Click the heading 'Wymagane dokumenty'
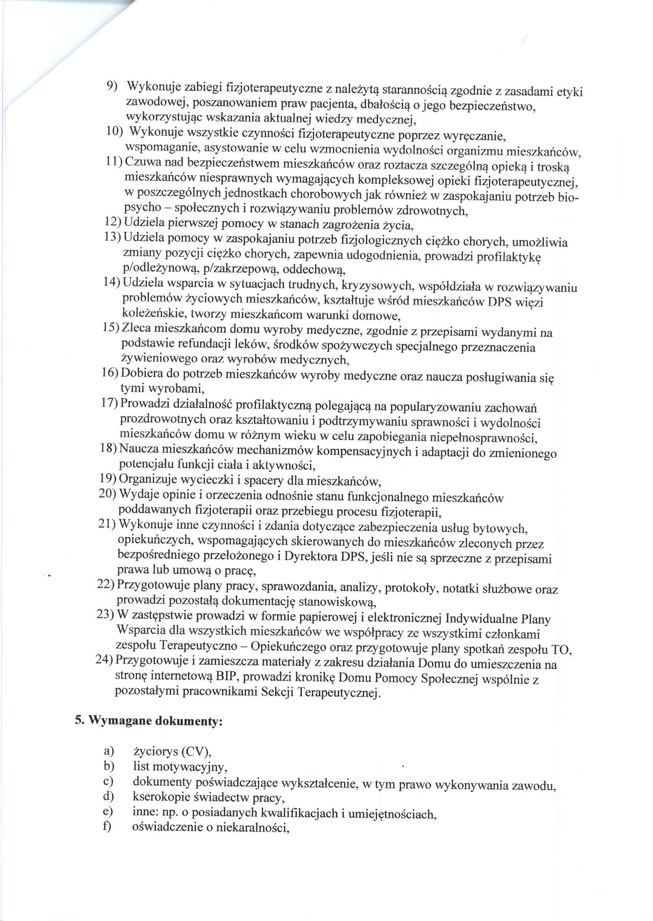point(155,720)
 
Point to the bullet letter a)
point(109,750)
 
